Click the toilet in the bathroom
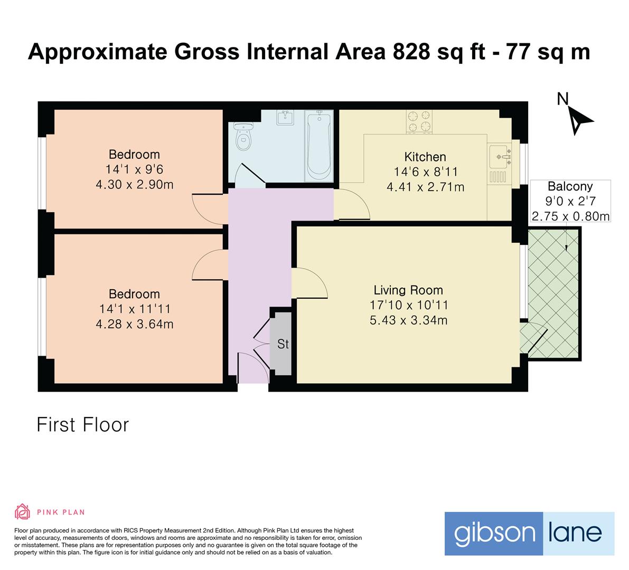[243, 136]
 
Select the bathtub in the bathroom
[318, 143]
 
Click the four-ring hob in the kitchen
[418, 121]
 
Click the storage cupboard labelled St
[282, 344]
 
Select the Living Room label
[408, 290]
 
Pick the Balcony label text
[570, 186]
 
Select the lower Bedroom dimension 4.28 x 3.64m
[134, 324]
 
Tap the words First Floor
[82, 425]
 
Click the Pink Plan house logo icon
[22, 511]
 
